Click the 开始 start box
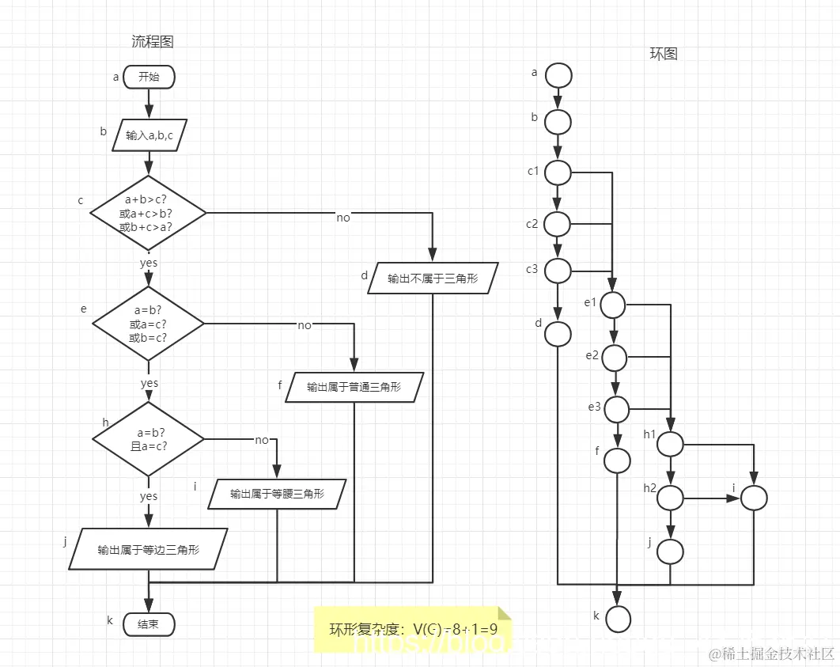149,77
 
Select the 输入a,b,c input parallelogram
149,135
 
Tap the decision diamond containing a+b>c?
148,213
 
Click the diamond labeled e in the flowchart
148,324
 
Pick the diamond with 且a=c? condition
148,438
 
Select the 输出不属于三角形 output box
433,279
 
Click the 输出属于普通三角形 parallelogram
354,387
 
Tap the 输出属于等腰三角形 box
277,494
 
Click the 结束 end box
149,624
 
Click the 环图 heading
663,54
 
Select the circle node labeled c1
558,172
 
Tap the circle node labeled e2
615,358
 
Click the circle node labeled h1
671,444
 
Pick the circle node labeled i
755,498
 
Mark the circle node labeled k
618,619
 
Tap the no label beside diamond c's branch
342,218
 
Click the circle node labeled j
671,551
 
